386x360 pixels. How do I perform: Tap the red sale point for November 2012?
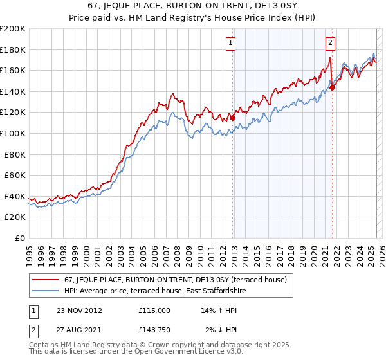[x=232, y=118]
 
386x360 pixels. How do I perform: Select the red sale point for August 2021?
[x=332, y=87]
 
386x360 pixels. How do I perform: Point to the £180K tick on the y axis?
[x=14, y=50]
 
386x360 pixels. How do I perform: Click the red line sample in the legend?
[x=46, y=280]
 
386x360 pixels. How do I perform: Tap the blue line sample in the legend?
[x=46, y=291]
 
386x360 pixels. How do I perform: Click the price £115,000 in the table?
[x=154, y=310]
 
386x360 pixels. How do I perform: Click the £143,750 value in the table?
[x=154, y=330]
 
